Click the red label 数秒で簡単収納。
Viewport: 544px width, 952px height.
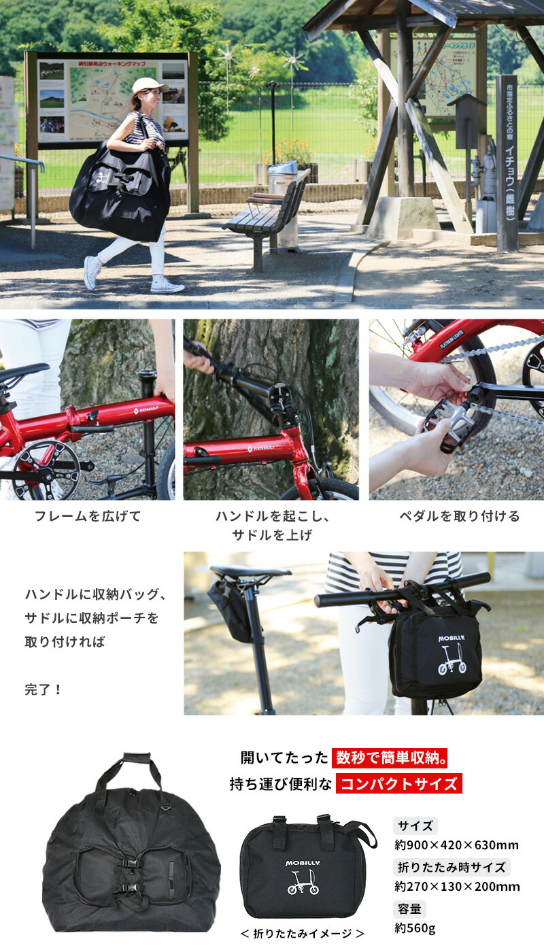coord(391,758)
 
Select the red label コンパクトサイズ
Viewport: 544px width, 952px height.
coord(398,783)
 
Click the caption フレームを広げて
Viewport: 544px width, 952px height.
coord(88,516)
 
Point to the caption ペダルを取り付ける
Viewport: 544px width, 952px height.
coord(459,516)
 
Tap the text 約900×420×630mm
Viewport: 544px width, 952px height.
coord(456,845)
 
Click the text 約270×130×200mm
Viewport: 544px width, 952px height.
coord(457,886)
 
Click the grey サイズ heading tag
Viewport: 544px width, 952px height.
coord(415,826)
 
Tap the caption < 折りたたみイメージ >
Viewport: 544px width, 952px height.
coord(303,934)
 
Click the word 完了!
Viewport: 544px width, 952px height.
coord(44,690)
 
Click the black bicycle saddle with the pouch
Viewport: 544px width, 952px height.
coord(249,573)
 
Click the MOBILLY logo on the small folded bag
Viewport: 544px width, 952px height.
coord(302,863)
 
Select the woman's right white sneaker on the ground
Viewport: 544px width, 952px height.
coord(166,286)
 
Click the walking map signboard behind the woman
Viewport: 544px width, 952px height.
coord(112,99)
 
